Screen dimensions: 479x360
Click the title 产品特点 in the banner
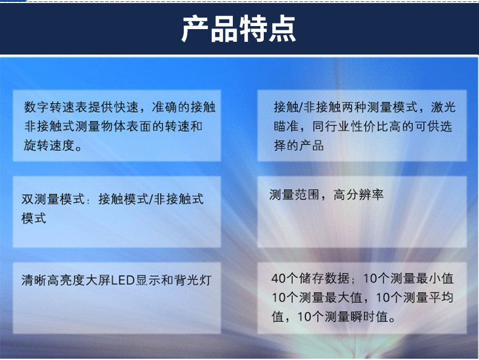[x=238, y=29]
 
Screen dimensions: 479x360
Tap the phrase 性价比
[x=369, y=126]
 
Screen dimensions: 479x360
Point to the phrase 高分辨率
[x=358, y=195]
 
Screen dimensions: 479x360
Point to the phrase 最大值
[x=343, y=298]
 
